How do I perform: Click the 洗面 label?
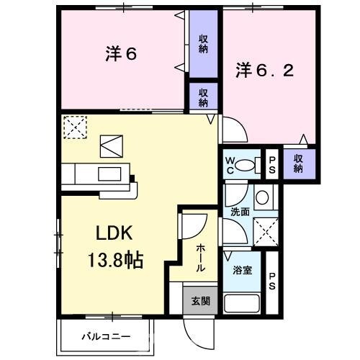coord(240,212)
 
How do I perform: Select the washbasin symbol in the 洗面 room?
coord(262,197)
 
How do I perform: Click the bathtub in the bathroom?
coord(241,302)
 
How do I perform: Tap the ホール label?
coord(200,256)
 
